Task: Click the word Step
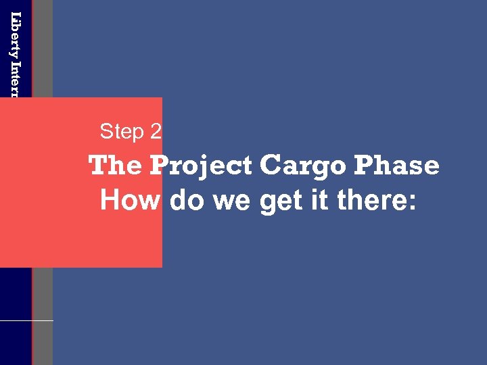122,131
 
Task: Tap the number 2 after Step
156,131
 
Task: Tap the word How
129,200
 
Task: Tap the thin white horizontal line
27,320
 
